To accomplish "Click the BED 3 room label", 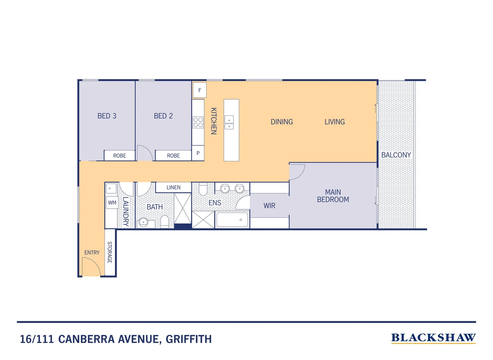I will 107,116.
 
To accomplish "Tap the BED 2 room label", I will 163,116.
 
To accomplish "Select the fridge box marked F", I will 200,90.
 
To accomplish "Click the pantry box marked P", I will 198,153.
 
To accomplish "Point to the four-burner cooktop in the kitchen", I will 198,122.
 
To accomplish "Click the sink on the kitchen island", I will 229,122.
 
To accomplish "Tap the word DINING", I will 281,122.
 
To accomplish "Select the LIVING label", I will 334,122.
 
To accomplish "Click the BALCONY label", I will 396,155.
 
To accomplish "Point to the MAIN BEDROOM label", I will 333,196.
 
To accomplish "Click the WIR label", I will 269,206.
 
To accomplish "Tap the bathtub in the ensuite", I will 232,220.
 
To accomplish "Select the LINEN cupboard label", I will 174,188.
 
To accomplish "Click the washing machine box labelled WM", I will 112,203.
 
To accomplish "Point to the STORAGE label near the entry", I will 110,252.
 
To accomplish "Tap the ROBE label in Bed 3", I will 120,156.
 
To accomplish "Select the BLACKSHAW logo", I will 433,338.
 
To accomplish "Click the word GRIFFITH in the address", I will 189,339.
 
